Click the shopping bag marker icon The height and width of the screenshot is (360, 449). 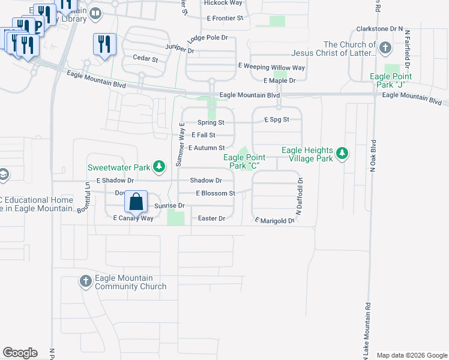tap(136, 202)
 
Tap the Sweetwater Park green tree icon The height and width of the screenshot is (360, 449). tap(159, 166)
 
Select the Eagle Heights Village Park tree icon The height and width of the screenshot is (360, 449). tap(342, 154)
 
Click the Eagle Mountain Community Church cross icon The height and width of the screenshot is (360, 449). tap(85, 281)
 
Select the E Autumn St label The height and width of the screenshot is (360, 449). tap(206, 148)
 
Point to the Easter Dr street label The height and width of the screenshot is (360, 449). tap(211, 219)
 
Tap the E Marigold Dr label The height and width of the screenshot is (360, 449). tap(276, 221)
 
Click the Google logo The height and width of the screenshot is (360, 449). tap(20, 353)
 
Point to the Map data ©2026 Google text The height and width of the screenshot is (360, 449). tap(411, 355)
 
